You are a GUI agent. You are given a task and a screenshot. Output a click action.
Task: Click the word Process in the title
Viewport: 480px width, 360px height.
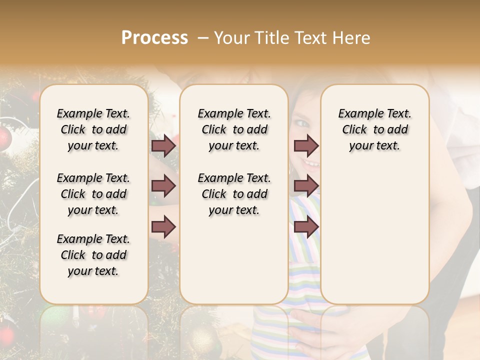point(154,38)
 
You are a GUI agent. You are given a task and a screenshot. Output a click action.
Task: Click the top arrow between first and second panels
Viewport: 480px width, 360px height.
point(163,145)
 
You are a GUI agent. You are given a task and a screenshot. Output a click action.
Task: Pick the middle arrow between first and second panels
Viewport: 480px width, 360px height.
point(163,186)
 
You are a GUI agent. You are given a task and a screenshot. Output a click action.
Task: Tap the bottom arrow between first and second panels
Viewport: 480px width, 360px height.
point(163,227)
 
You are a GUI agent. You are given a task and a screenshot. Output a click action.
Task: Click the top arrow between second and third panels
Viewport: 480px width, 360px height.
point(306,145)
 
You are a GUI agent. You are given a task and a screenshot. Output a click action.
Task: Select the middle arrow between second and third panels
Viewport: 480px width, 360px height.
point(306,186)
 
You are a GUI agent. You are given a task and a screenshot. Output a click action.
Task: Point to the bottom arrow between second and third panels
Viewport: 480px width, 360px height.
point(306,227)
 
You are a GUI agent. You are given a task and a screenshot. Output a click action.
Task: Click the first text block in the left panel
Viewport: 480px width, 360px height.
point(93,129)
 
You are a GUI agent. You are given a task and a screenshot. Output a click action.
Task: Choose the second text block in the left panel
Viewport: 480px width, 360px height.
point(93,194)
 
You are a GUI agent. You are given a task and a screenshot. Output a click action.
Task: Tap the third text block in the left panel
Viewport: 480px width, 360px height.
point(93,255)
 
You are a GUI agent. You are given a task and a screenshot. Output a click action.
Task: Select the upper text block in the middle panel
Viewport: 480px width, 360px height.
point(234,129)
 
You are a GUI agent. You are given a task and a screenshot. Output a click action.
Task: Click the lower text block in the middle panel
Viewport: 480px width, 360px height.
point(234,194)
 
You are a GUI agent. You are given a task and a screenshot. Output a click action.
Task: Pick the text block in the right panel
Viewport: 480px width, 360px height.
point(374,129)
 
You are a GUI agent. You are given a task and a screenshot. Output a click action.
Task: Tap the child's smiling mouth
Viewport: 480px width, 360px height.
point(311,163)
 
